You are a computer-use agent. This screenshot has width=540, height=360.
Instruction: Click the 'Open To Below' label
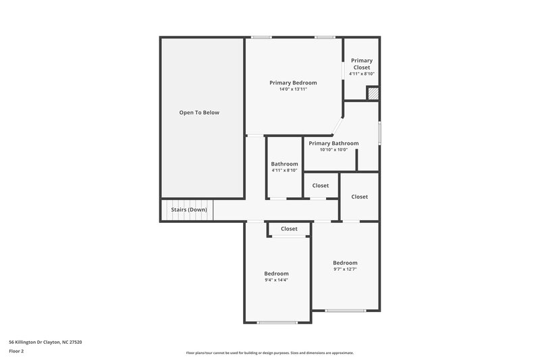click(199, 112)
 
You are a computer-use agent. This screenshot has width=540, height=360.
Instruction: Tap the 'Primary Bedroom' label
click(293, 82)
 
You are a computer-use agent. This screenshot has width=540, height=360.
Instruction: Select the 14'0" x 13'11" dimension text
click(293, 89)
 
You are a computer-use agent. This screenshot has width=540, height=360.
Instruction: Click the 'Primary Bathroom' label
click(333, 143)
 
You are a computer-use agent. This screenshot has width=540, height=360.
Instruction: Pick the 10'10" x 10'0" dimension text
click(333, 150)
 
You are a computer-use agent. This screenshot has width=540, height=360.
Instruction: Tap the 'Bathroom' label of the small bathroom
click(284, 163)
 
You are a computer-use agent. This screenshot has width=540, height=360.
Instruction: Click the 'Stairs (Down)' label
click(189, 209)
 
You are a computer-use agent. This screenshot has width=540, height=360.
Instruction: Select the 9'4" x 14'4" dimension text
click(276, 280)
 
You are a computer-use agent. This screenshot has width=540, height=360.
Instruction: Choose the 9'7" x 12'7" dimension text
click(345, 269)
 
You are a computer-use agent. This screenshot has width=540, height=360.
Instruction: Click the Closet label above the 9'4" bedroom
click(289, 229)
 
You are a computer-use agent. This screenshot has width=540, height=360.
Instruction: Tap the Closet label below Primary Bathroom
click(321, 185)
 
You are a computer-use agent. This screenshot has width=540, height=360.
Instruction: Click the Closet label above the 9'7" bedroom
click(360, 197)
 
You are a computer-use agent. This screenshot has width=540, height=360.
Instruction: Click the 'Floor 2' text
click(17, 351)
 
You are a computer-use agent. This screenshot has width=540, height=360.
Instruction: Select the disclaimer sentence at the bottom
click(269, 353)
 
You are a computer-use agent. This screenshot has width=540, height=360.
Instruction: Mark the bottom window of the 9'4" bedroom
click(277, 322)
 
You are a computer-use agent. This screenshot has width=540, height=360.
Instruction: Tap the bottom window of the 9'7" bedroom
click(345, 311)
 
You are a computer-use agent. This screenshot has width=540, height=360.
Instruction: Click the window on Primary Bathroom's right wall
click(379, 132)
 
